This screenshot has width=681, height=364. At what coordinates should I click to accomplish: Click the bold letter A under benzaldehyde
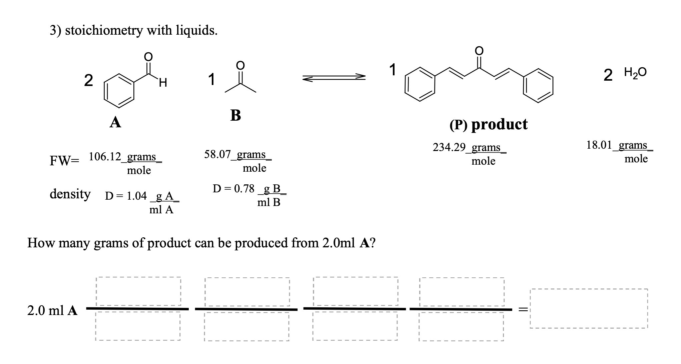pos(115,123)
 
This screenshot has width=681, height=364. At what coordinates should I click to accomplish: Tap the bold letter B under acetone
pos(235,115)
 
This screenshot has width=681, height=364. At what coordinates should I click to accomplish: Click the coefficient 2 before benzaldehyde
pos(88,81)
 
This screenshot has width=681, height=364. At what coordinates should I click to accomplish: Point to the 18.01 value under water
pos(599,145)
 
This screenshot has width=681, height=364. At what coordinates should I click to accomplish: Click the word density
pos(70,194)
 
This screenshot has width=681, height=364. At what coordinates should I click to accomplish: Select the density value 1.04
pos(137,196)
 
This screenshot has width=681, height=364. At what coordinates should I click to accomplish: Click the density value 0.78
pos(244,189)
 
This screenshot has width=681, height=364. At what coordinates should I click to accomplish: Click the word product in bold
pos(499,124)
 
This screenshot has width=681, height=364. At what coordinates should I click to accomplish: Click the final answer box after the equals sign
pos(589,309)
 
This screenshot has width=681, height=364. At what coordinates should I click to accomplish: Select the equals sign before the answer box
pos(523,310)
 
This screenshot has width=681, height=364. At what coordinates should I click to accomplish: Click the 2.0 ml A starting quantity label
pos(52,311)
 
